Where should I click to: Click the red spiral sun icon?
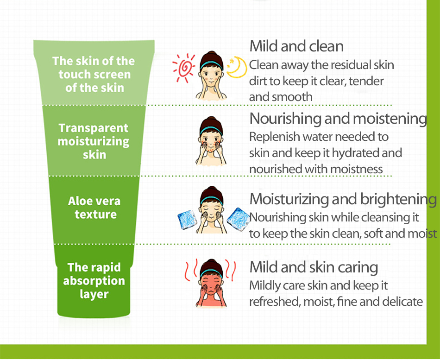click(x=184, y=68)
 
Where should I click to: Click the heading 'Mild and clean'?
click(x=296, y=46)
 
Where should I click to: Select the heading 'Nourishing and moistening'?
click(x=338, y=119)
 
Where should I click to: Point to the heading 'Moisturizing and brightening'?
click(x=343, y=199)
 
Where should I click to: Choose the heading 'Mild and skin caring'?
click(x=314, y=267)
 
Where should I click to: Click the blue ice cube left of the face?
click(x=187, y=220)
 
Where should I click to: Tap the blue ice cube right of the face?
click(x=238, y=219)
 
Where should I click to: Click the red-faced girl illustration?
click(x=211, y=283)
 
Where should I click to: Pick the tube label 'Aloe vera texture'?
click(x=94, y=208)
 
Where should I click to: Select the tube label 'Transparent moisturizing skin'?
click(x=94, y=141)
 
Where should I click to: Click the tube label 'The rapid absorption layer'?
click(x=94, y=281)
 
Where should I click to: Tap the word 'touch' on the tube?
click(x=75, y=75)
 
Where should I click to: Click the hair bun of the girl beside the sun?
click(x=212, y=54)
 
